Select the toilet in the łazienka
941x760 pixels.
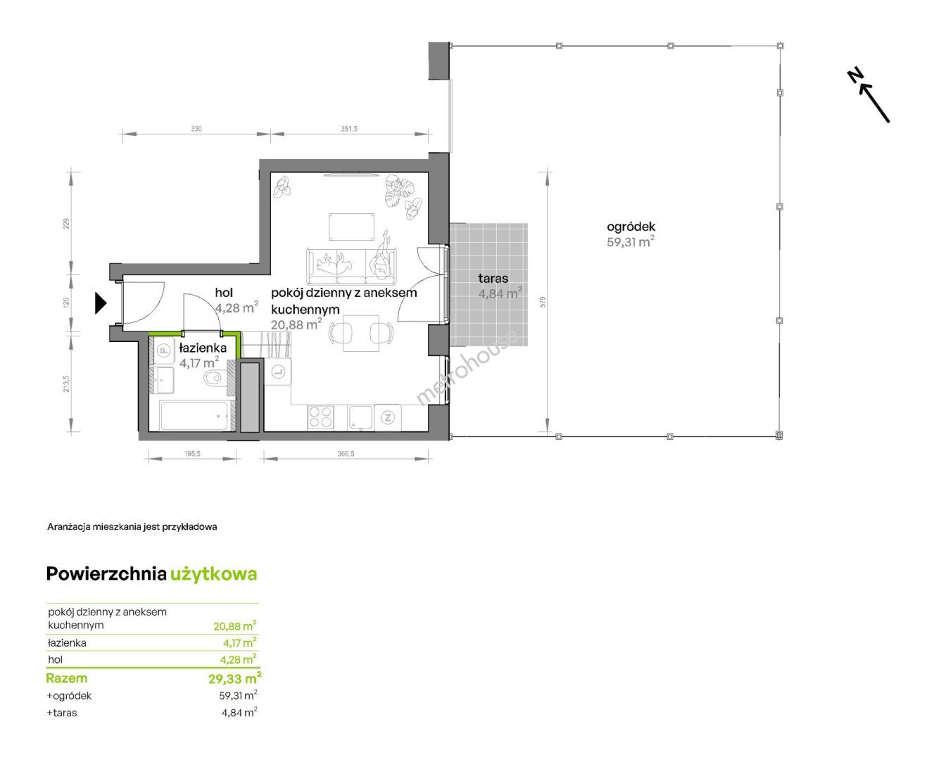213,378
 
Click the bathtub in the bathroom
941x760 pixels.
194,415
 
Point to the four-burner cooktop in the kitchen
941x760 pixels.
320,417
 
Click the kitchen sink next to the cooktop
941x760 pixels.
360,417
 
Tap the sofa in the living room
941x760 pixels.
351,266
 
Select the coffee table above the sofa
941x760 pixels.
352,227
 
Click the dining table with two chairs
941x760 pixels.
361,333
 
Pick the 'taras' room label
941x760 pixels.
493,278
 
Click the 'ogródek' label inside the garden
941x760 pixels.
631,227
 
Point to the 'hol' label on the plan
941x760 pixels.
224,292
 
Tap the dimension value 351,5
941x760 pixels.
349,129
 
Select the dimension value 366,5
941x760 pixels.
346,453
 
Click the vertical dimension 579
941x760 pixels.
543,302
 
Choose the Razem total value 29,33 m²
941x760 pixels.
234,678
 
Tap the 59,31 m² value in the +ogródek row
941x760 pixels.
238,695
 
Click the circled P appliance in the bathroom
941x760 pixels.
165,351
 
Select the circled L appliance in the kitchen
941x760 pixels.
278,372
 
